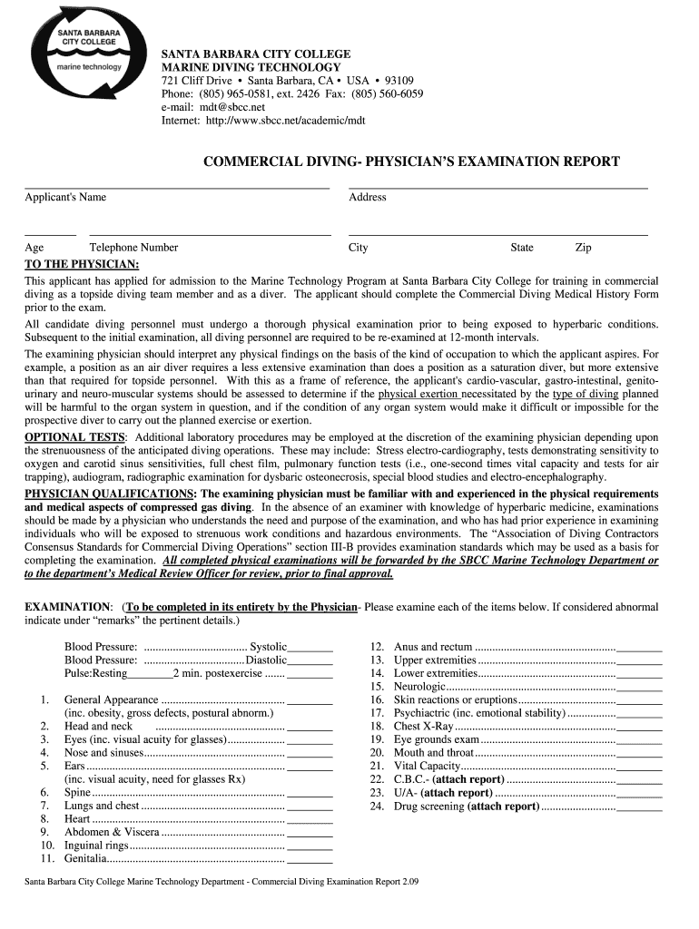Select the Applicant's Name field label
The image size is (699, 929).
[65, 197]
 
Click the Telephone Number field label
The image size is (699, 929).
[133, 248]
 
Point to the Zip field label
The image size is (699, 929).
[583, 248]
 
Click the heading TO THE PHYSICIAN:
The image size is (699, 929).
[82, 264]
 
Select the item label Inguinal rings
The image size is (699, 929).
[96, 846]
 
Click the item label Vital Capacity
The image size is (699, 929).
[428, 767]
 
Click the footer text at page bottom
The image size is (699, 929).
[222, 882]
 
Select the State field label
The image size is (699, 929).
[522, 248]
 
